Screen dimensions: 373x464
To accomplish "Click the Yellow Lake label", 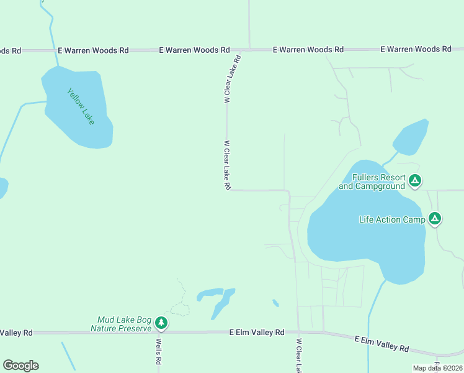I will point(81,106).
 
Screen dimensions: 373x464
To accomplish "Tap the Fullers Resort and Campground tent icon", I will point(415,182).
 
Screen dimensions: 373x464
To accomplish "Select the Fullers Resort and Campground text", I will point(372,182).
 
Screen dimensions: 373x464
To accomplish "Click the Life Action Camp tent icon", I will point(435,219).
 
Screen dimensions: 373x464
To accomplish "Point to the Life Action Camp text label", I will point(392,219).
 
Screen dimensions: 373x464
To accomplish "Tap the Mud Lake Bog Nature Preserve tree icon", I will point(161,323).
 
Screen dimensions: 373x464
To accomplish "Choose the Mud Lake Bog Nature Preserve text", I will point(121,323).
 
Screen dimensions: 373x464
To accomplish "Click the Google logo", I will point(20,366).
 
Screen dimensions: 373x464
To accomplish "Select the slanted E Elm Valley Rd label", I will point(381,344).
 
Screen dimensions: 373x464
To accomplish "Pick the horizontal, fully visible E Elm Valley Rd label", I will point(256,333).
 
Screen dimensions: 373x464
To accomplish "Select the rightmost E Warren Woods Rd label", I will point(416,49).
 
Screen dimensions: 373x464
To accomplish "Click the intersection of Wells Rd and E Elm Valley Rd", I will point(158,333).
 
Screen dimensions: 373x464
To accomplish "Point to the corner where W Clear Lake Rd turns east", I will point(227,190).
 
